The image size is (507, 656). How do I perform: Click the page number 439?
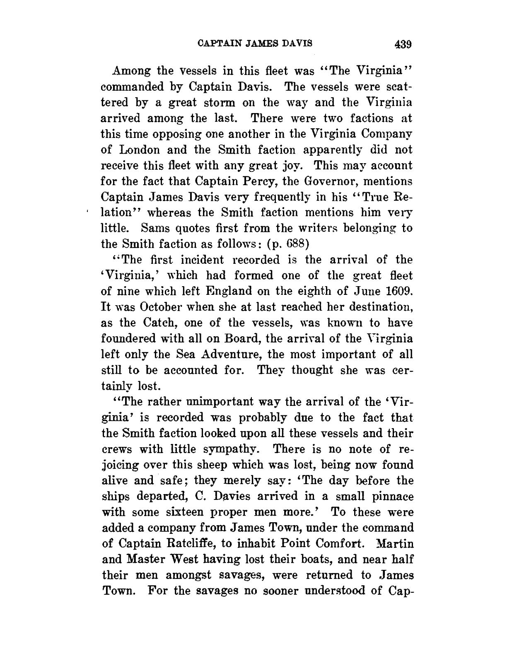click(402, 43)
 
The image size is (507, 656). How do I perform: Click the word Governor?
click(336, 181)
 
